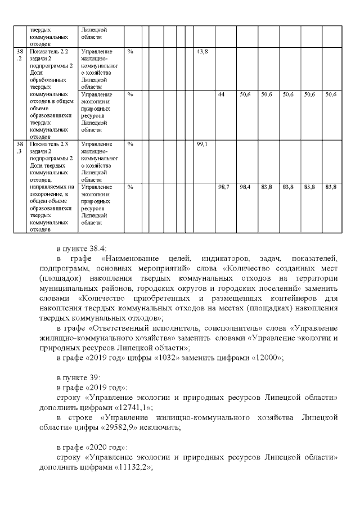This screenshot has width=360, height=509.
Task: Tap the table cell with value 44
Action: coord(222,94)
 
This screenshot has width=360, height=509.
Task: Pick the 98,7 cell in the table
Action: coord(223,186)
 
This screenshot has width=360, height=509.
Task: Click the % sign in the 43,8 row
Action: coord(130,51)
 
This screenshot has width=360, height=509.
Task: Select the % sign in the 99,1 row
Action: coord(130,144)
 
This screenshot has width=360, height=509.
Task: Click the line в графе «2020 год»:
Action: coord(92,448)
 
